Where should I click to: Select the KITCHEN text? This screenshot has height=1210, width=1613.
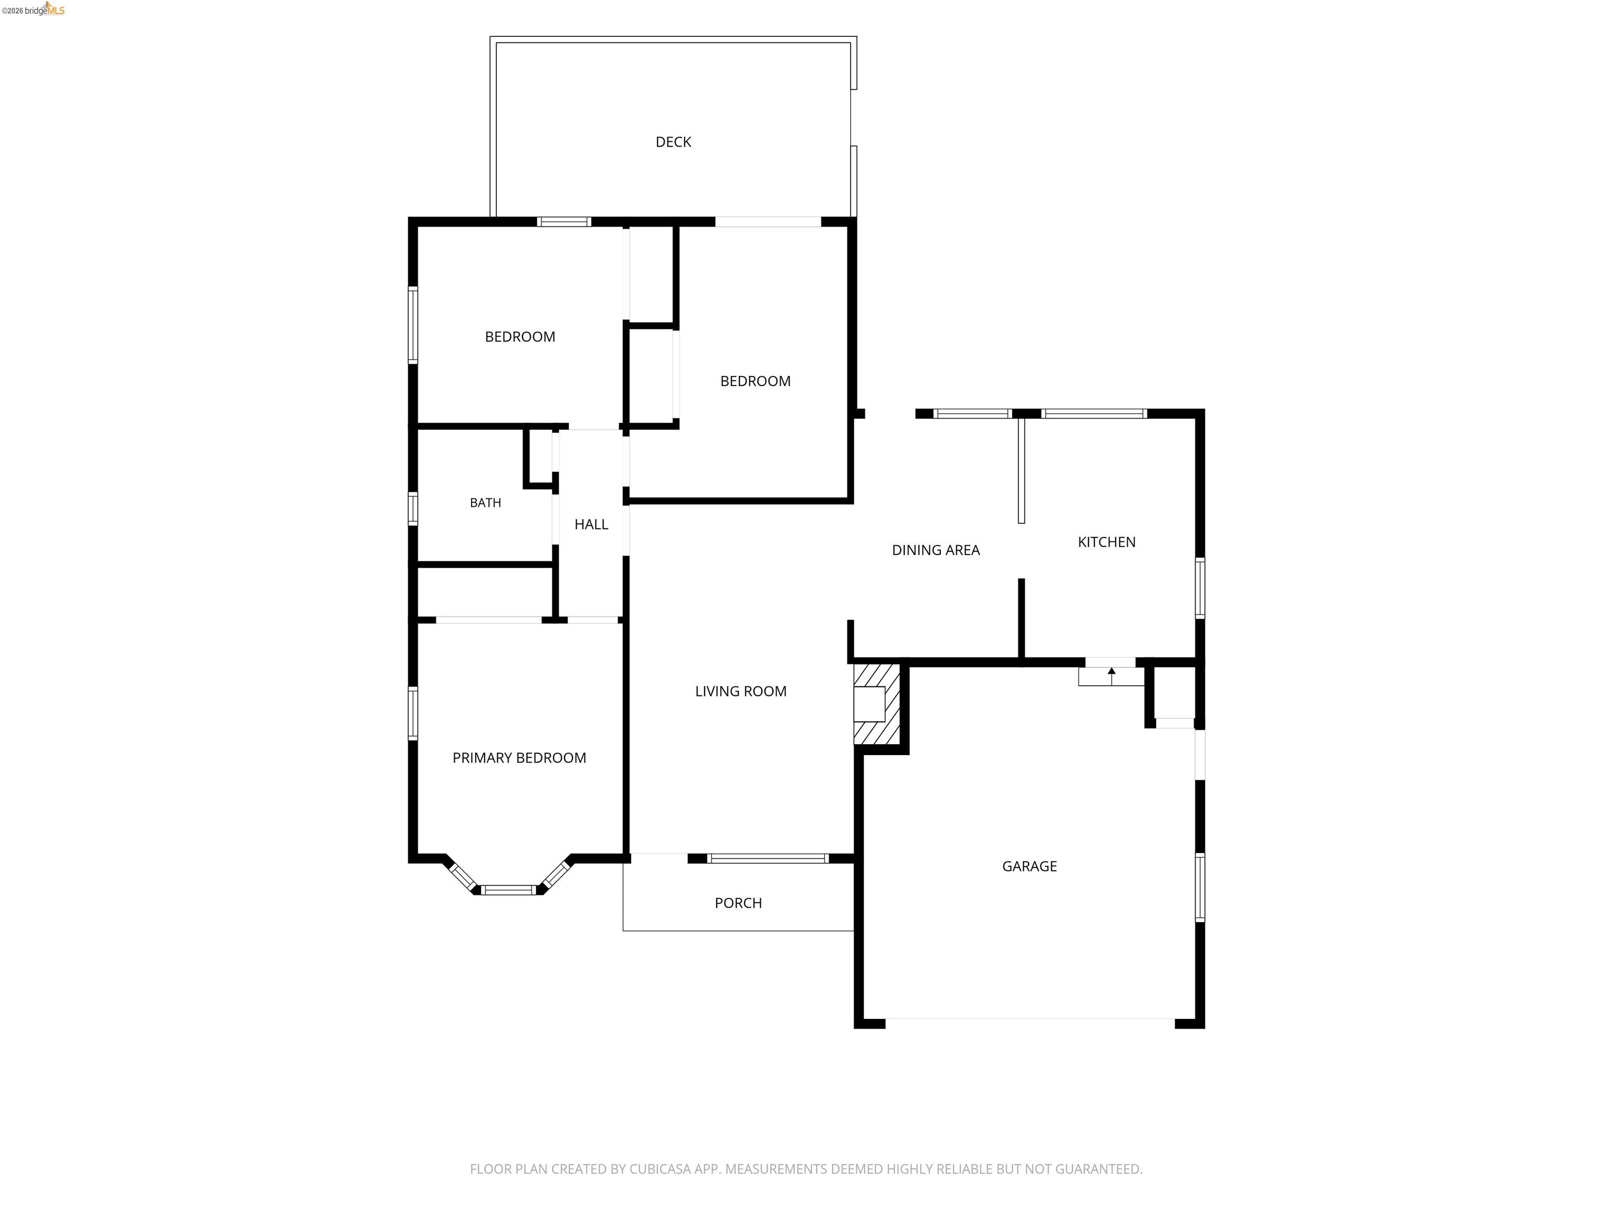tap(1106, 542)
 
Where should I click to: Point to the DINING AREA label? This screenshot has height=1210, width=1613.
tap(936, 550)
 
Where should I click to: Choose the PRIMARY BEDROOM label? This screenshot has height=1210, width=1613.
tap(519, 758)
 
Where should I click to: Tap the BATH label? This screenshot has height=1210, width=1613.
tap(485, 503)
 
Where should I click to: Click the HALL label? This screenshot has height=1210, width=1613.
tap(591, 525)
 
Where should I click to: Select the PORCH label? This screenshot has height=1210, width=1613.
tap(738, 903)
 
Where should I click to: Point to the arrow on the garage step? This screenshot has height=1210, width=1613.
tap(1112, 675)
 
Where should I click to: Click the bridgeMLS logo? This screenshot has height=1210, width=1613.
tap(34, 9)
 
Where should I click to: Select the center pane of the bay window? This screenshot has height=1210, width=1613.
tap(509, 890)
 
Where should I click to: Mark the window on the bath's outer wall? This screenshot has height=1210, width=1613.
tap(413, 508)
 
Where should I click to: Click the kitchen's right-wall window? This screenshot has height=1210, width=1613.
tap(1200, 588)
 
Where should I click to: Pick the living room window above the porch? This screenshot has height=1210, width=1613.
tap(768, 859)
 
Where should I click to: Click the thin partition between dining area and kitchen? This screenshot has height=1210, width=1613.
tap(1021, 471)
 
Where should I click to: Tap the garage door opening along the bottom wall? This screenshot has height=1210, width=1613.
tap(1030, 1019)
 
